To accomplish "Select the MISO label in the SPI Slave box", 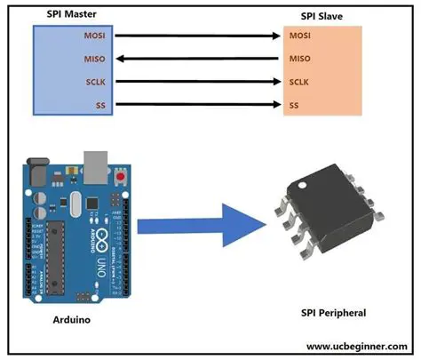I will pos(301,60).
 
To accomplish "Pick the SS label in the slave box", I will pos(294,105).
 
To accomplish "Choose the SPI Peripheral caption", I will pos(333,314).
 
